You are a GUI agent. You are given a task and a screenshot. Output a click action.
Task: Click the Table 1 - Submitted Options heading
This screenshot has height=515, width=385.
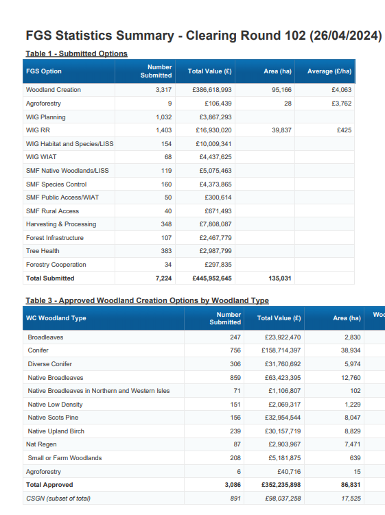click(x=77, y=53)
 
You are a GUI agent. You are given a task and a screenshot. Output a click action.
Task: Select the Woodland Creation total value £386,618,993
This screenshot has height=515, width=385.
click(x=212, y=90)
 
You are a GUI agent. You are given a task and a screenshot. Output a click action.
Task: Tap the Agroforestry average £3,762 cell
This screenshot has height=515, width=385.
click(x=341, y=104)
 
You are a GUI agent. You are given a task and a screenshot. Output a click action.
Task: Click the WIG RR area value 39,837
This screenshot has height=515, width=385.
click(x=281, y=130)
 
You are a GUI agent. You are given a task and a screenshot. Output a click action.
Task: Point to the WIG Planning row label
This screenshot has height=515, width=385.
click(x=46, y=117)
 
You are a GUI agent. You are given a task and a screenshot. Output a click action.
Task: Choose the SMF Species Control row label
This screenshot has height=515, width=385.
click(x=56, y=184)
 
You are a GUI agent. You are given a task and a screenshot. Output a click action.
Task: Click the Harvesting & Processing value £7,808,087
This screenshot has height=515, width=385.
click(x=215, y=224)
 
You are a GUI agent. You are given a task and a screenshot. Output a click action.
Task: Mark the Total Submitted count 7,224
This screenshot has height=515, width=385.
click(x=163, y=278)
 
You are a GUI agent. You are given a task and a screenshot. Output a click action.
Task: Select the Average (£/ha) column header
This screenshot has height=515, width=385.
click(x=329, y=71)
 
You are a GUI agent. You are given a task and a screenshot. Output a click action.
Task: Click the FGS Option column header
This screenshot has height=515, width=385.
click(x=44, y=71)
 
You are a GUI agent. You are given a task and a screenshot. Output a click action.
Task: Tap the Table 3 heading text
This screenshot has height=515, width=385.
click(x=148, y=300)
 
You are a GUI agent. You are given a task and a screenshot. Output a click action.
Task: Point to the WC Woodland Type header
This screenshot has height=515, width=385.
click(x=56, y=318)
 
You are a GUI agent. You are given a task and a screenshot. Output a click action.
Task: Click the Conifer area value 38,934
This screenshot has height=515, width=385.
click(x=351, y=350)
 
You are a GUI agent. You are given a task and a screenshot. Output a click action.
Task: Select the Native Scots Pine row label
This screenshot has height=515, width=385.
click(x=53, y=418)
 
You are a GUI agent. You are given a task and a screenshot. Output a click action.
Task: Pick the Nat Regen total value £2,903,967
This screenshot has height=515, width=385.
click(x=284, y=444)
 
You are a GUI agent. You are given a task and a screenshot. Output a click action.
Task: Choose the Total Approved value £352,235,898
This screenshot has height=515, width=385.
click(x=281, y=485)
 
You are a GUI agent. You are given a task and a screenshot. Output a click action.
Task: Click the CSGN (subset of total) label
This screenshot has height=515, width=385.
click(x=58, y=499)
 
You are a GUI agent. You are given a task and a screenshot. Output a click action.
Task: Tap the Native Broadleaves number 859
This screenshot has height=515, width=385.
click(x=235, y=378)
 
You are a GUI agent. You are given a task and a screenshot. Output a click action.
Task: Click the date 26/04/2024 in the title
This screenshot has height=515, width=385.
click(x=346, y=36)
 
